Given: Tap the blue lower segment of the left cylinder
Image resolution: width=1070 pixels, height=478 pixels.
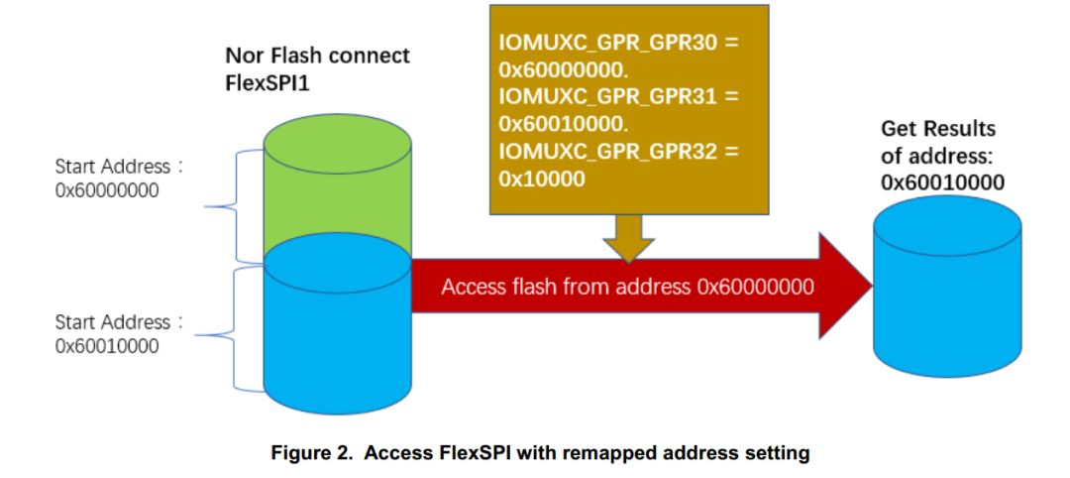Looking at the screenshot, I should (337, 337).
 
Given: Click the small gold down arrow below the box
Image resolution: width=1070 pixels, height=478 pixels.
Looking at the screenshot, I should (629, 240).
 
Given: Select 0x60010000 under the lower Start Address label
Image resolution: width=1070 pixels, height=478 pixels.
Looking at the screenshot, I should (107, 346).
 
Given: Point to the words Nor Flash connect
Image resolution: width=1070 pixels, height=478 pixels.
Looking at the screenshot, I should (317, 55).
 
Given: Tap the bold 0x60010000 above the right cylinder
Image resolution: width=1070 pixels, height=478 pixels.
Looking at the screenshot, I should (943, 182).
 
